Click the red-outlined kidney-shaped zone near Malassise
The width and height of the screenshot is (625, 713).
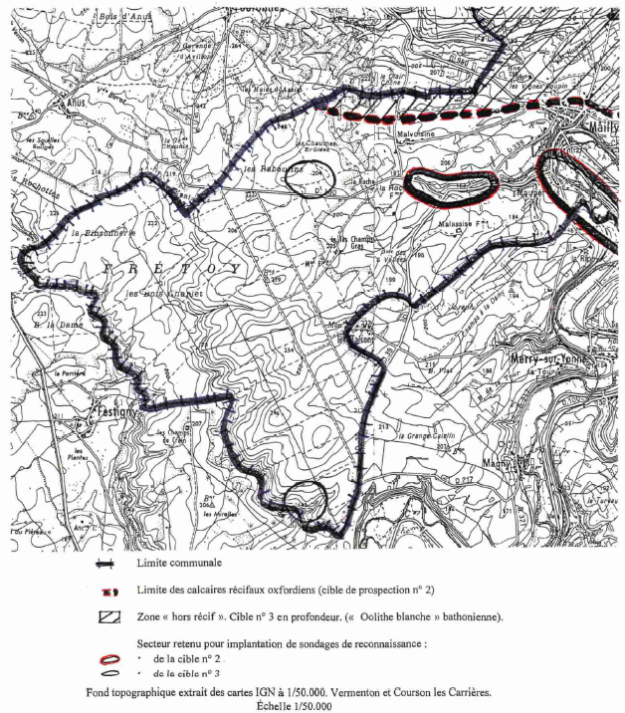tap(453, 186)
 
